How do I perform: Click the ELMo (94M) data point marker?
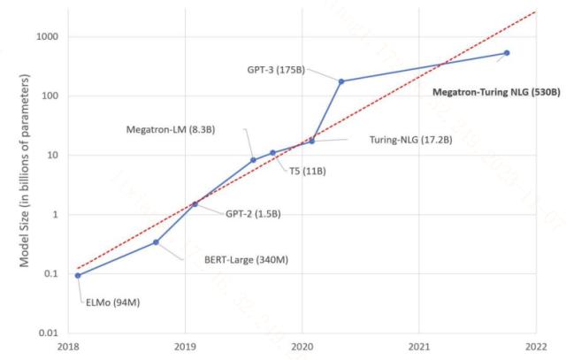pyautogui.click(x=79, y=275)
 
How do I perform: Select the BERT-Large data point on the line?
pyautogui.click(x=156, y=241)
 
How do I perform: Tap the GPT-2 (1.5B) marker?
pyautogui.click(x=195, y=204)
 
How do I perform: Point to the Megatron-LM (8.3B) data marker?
pyautogui.click(x=253, y=160)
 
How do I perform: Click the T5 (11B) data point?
pyautogui.click(x=272, y=153)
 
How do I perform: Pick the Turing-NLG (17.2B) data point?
pyautogui.click(x=311, y=141)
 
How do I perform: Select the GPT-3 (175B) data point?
pyautogui.click(x=341, y=81)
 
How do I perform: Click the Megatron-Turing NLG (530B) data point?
pyautogui.click(x=507, y=53)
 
